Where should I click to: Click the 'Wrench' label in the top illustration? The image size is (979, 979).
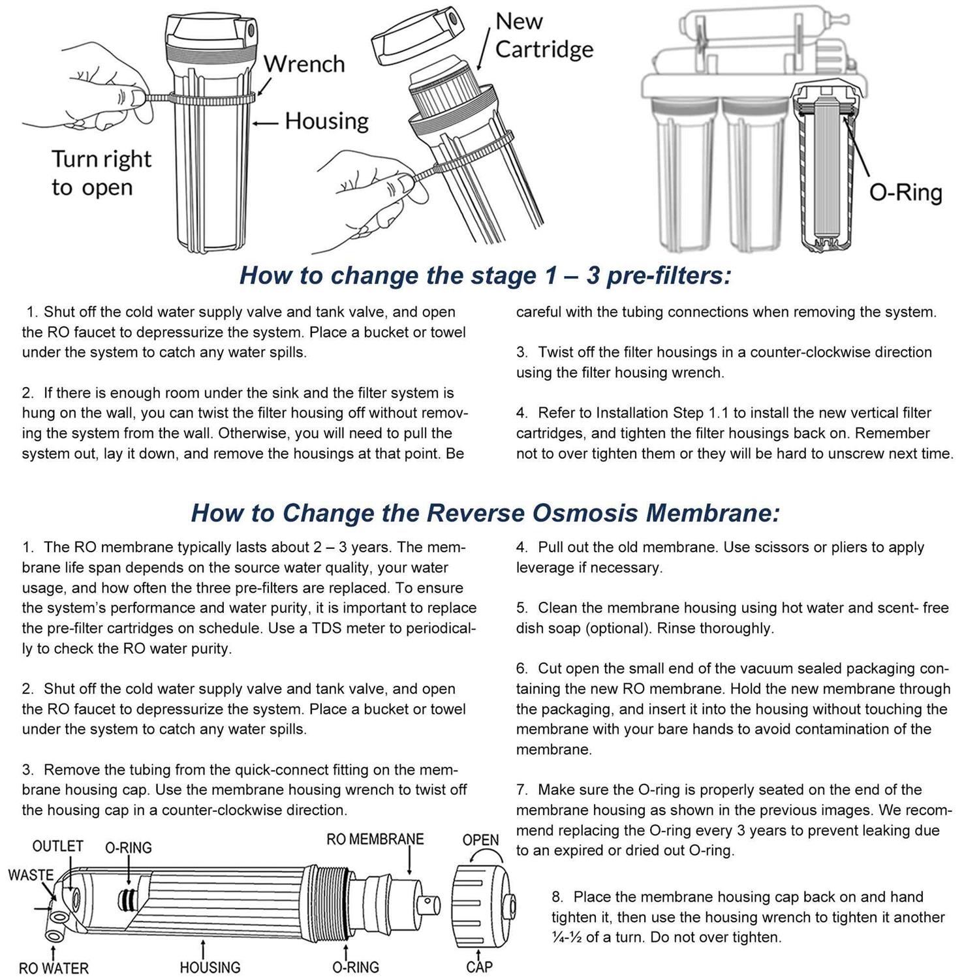(x=303, y=64)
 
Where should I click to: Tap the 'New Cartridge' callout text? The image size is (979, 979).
(x=543, y=35)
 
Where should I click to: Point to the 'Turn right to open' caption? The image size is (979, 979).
(x=101, y=173)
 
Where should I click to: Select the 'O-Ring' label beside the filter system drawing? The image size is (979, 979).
(x=905, y=193)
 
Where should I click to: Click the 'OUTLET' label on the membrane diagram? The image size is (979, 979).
(x=57, y=846)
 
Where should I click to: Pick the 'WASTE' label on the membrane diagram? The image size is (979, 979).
(x=30, y=875)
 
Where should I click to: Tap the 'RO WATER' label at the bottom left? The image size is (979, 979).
(x=54, y=968)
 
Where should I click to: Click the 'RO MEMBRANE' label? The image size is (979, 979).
(x=375, y=839)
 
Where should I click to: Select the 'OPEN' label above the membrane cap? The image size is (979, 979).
(x=480, y=840)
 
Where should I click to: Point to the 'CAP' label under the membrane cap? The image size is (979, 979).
(x=479, y=967)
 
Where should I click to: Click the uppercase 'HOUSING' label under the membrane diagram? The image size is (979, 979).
(x=210, y=967)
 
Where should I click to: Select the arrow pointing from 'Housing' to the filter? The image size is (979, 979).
(x=266, y=122)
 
